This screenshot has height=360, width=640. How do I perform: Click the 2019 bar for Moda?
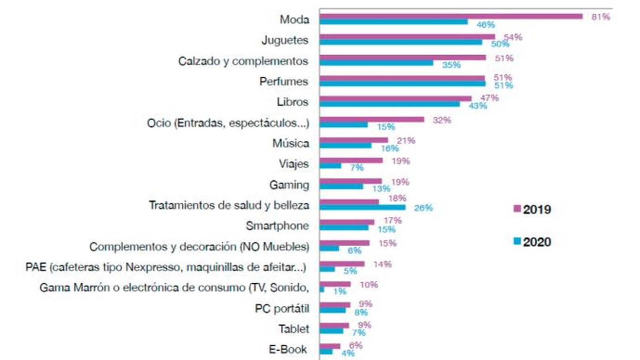point(451,16)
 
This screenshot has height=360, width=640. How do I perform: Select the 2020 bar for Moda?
point(394,22)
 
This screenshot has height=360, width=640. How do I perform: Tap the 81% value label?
point(601,17)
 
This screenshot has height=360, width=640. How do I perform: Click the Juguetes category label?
point(285,40)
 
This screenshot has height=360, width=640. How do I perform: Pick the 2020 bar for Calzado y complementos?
point(376,63)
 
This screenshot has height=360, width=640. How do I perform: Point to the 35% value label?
point(452,65)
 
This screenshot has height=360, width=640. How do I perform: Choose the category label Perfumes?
point(284,82)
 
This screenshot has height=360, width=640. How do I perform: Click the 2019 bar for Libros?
point(395,98)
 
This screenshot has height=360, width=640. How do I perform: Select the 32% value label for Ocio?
point(442,120)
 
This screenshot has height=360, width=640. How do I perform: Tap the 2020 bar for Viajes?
point(330,166)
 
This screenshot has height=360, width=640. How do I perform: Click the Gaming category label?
point(289,185)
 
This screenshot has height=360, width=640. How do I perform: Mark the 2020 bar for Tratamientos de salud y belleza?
point(362,207)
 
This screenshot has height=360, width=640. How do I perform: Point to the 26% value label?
point(424,208)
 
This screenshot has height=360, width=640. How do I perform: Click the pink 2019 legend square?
point(517,209)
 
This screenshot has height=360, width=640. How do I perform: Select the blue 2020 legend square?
point(517,241)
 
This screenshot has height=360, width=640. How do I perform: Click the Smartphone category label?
point(277,226)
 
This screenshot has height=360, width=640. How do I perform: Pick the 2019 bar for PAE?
point(342,264)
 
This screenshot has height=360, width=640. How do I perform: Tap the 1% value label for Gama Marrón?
point(340,292)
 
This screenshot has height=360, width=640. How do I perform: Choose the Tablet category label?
point(294,329)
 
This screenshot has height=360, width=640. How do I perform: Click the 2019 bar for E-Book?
point(330,346)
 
